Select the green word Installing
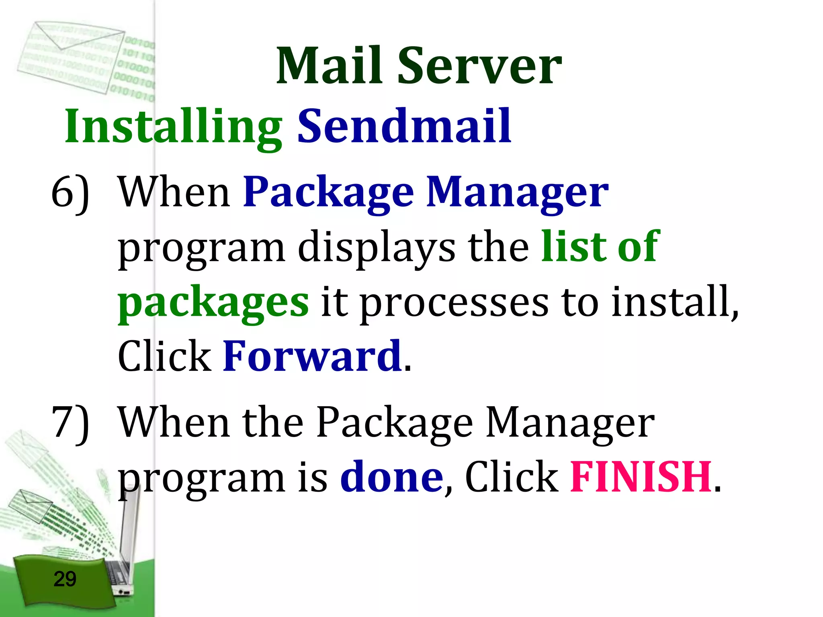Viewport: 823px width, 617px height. pos(173,127)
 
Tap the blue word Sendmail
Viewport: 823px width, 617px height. pos(404,126)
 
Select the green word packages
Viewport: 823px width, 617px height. pos(213,303)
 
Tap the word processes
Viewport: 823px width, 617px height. pos(454,303)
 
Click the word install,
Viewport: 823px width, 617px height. pos(675,301)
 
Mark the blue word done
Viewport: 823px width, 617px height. pos(391,477)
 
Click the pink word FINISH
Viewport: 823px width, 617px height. pos(641,477)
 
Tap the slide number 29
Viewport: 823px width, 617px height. pos(65,579)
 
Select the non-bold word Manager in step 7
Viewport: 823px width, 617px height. pos(570,424)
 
